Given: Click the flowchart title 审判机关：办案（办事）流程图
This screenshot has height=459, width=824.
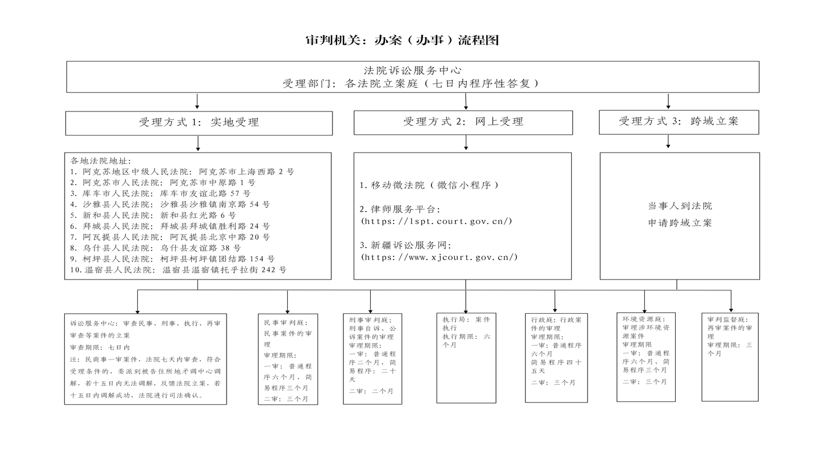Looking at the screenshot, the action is point(402,39).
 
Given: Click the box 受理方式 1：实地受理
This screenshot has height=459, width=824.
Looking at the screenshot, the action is point(199,123).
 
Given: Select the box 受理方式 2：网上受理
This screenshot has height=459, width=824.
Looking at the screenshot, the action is point(463,122).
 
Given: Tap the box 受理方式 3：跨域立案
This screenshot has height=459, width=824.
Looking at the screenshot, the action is point(679,122).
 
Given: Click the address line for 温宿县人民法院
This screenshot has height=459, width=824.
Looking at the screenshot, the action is point(179,270).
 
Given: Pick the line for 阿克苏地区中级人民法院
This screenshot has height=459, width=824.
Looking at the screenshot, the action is point(183,171).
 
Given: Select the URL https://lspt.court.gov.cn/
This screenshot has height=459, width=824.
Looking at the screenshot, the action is point(437,221).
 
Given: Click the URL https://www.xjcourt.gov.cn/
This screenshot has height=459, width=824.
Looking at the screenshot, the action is point(439,257).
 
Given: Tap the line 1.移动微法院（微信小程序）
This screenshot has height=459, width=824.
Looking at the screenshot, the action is point(429,185).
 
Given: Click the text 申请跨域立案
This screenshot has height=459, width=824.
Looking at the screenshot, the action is point(680,223).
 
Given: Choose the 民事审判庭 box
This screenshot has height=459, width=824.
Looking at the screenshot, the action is point(288,359).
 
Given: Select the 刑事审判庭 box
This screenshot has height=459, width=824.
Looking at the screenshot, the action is point(373,358).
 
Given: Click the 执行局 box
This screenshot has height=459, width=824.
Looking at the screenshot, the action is point(466,358).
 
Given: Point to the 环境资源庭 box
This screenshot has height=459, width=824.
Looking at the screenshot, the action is point(646,357).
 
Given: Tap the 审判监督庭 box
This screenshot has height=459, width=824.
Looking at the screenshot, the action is point(730,357).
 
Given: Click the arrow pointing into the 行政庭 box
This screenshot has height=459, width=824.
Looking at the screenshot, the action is point(554,301).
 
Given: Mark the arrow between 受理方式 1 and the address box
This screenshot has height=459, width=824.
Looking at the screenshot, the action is point(198,143).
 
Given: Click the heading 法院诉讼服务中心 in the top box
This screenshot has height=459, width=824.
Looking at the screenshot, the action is point(413,70).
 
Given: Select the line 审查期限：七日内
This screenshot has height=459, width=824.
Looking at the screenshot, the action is point(100,348).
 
